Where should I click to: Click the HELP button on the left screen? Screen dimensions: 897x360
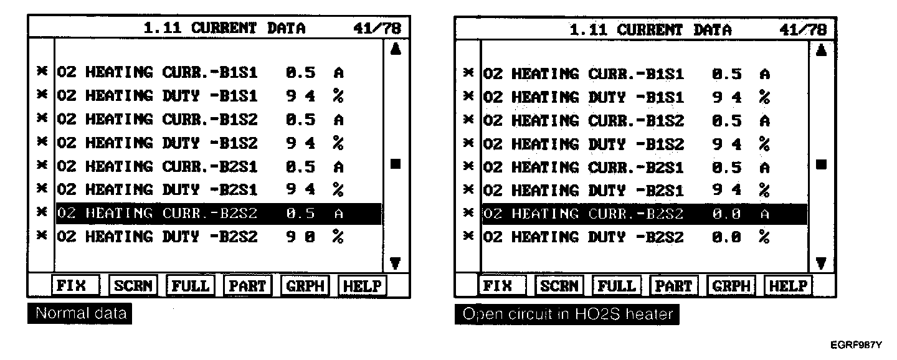pos(362,286)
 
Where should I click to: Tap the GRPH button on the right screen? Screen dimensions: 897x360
pos(731,287)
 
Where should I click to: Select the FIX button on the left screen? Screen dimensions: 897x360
pos(70,286)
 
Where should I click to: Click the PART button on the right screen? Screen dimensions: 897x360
pos(675,287)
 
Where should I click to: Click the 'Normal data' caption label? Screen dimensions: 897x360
pos(80,313)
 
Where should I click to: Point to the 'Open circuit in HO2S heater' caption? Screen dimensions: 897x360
pos(566,315)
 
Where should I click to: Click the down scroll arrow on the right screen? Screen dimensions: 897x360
pos(821,263)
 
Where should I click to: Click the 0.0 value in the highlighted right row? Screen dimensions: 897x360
pos(727,214)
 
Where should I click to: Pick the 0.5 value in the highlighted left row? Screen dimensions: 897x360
pos(301,214)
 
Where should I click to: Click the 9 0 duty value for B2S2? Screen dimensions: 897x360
pos(301,237)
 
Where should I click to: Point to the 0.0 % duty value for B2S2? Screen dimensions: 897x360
pos(727,238)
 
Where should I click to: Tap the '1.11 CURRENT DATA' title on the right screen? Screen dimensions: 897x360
pos(651,29)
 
